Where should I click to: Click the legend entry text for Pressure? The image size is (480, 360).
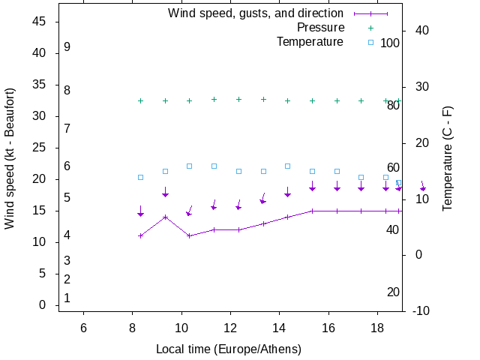pyautogui.click(x=320, y=28)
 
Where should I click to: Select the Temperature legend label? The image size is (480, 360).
pyautogui.click(x=310, y=42)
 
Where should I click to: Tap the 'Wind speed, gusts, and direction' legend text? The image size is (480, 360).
pyautogui.click(x=256, y=13)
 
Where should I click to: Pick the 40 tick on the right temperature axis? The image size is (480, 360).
pyautogui.click(x=421, y=31)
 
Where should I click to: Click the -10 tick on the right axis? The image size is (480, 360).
pyautogui.click(x=421, y=310)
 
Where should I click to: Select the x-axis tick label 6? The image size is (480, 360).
pyautogui.click(x=83, y=328)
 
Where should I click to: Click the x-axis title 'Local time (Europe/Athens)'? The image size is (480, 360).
pyautogui.click(x=229, y=349)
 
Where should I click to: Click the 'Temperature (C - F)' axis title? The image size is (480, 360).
pyautogui.click(x=448, y=157)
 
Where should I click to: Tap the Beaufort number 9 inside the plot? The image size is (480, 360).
pyautogui.click(x=67, y=47)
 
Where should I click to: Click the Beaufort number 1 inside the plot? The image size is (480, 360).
pyautogui.click(x=67, y=298)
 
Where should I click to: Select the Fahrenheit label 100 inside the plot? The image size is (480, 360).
pyautogui.click(x=390, y=43)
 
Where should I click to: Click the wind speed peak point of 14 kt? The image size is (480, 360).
pyautogui.click(x=165, y=217)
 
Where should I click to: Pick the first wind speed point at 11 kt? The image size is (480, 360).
pyautogui.click(x=140, y=235)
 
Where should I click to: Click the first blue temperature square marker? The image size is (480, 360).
pyautogui.click(x=140, y=177)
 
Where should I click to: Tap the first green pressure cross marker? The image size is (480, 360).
pyautogui.click(x=140, y=100)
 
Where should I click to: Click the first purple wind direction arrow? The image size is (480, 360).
pyautogui.click(x=140, y=211)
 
